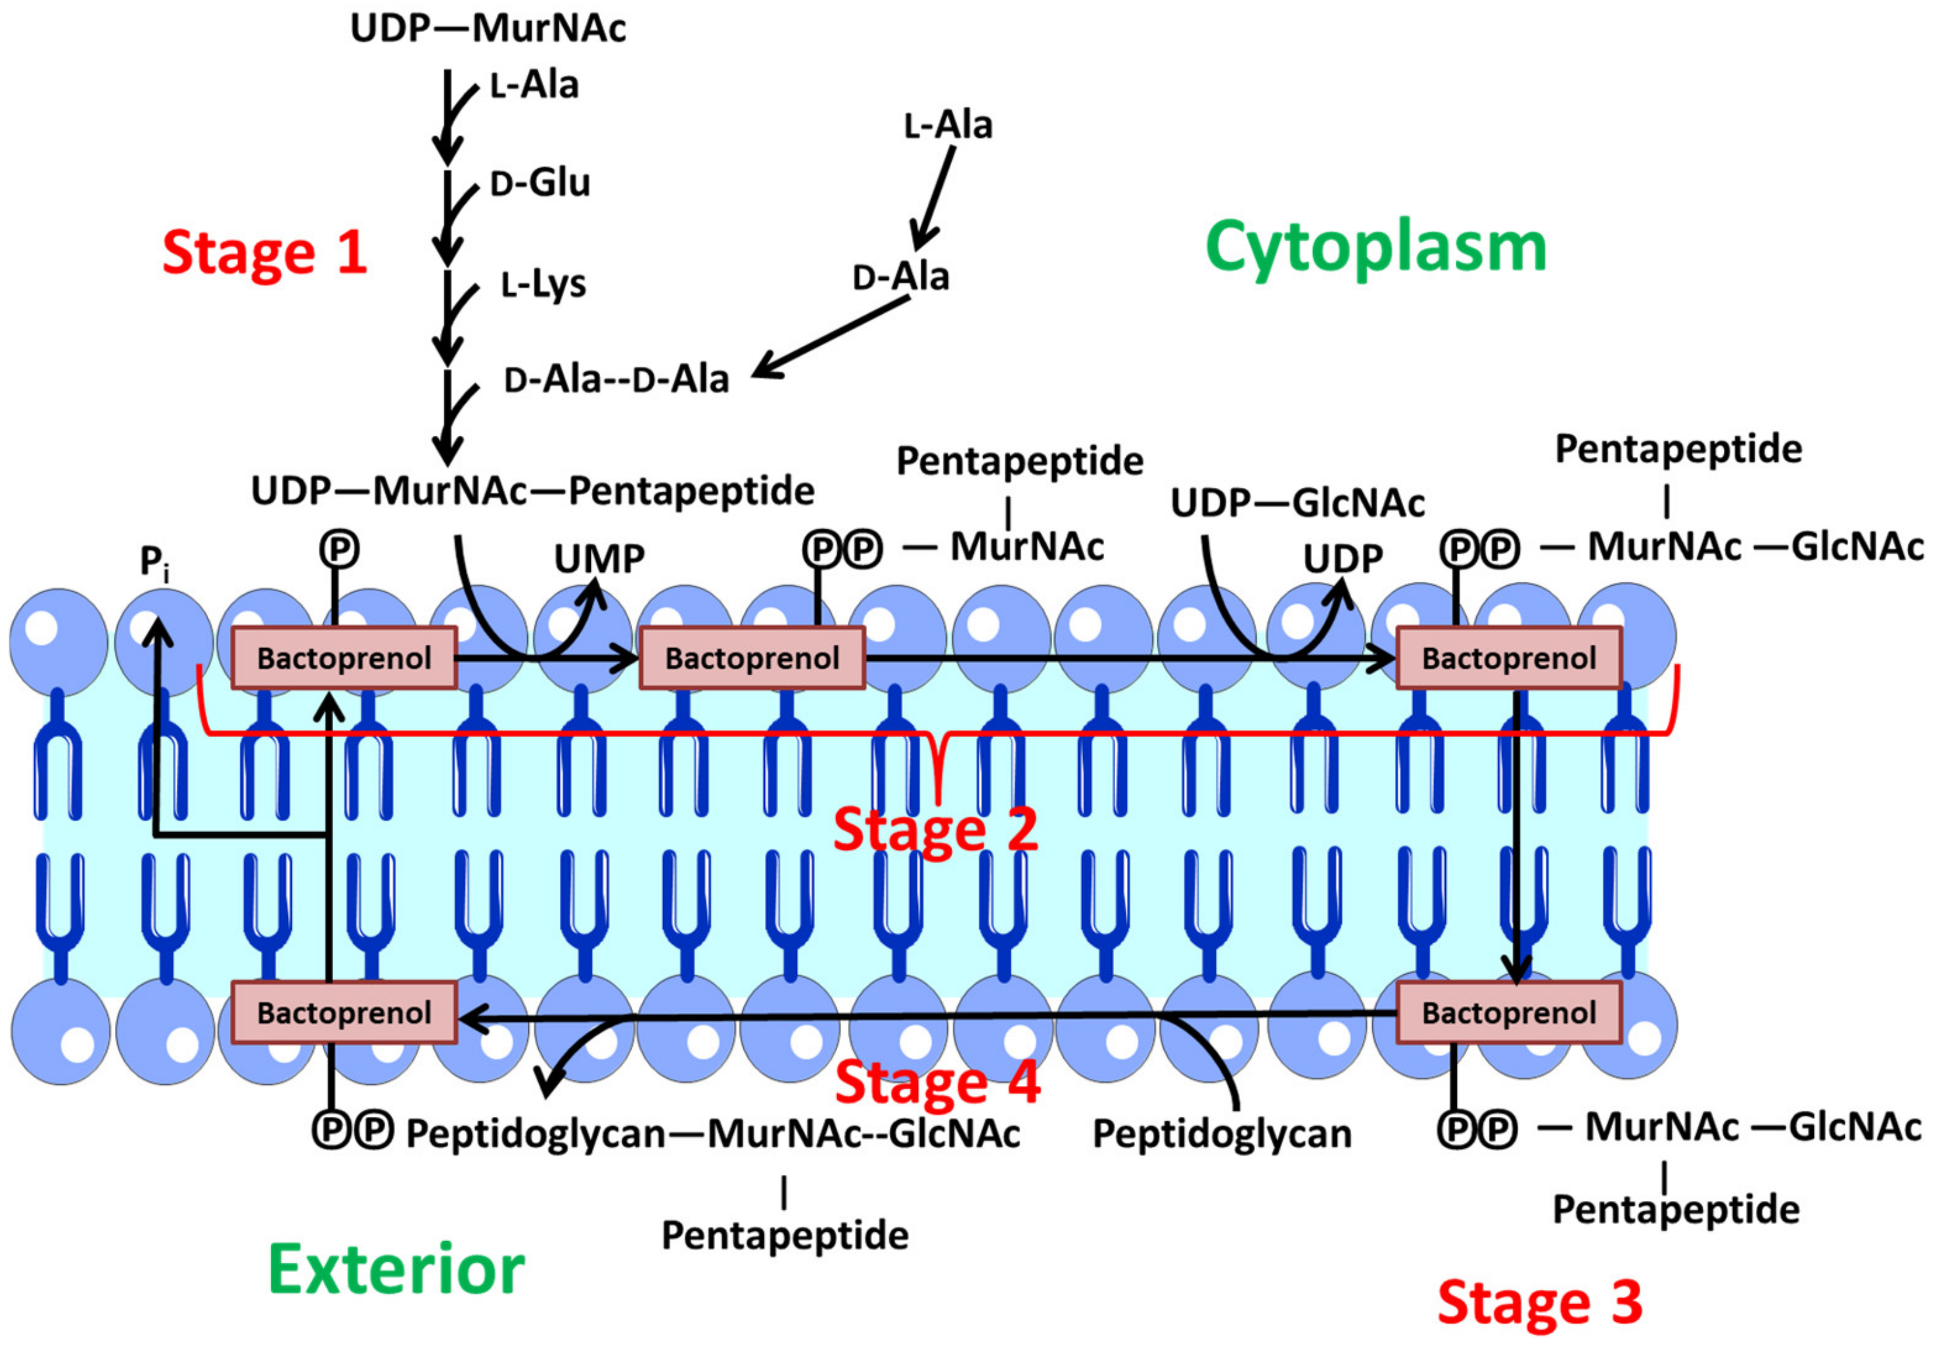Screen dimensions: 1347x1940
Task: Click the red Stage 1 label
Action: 264,252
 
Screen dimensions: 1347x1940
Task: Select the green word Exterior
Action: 396,1269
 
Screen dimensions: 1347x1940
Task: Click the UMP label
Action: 599,559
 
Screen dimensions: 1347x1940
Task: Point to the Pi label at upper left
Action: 154,561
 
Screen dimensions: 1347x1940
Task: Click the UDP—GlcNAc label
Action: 1297,504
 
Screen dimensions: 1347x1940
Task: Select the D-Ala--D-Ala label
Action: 616,380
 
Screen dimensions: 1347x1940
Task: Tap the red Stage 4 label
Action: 937,1082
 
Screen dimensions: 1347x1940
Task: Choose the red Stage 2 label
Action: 935,829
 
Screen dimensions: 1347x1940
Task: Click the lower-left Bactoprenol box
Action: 344,1012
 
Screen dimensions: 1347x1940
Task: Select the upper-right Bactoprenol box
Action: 1508,657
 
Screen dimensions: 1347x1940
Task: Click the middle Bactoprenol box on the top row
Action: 752,657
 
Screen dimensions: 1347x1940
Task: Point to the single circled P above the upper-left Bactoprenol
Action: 339,550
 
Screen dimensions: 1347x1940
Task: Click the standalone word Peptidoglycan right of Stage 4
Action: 1221,1133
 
